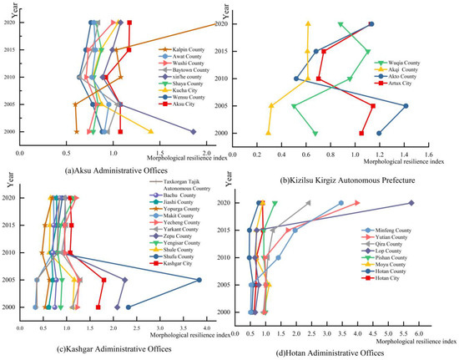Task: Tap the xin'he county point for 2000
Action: click(194, 132)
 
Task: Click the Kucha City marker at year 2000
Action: click(151, 132)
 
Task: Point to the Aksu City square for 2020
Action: click(129, 23)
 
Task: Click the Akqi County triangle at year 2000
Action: click(269, 134)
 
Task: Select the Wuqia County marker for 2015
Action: click(367, 51)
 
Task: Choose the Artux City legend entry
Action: click(400, 84)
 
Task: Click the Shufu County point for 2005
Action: click(199, 280)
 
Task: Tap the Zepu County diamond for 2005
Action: click(124, 280)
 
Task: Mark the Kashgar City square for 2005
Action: click(103, 280)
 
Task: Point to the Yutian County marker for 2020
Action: click(357, 203)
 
